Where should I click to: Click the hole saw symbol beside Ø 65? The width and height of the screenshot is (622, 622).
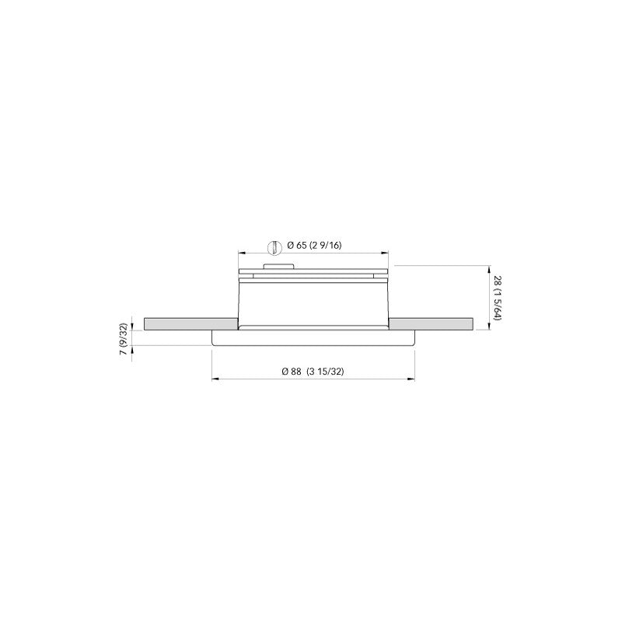[272, 246]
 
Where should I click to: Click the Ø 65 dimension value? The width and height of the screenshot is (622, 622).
[296, 246]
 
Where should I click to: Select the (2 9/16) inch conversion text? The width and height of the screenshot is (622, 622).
[326, 246]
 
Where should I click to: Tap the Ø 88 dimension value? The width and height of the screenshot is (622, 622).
[291, 372]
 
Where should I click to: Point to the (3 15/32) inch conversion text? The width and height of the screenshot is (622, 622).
[325, 372]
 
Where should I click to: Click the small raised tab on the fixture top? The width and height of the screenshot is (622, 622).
[278, 266]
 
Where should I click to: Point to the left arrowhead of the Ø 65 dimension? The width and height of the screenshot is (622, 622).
[241, 253]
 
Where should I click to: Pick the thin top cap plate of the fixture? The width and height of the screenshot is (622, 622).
[313, 271]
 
